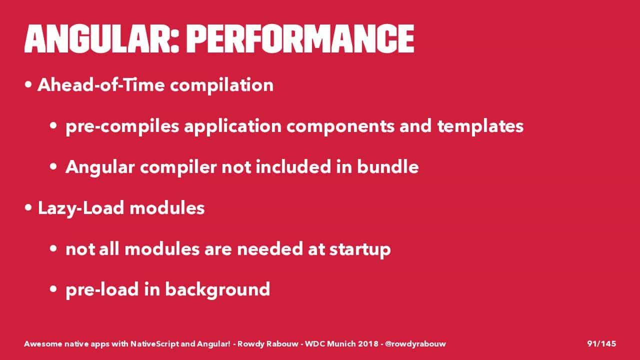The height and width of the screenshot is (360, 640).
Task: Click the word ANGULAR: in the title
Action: pyautogui.click(x=101, y=39)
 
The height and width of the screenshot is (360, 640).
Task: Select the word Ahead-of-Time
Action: pyautogui.click(x=101, y=85)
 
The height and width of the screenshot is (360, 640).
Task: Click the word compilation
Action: pyautogui.click(x=221, y=85)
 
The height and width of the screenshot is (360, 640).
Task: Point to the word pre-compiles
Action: pyautogui.click(x=122, y=126)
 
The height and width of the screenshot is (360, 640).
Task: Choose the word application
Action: pyautogui.click(x=233, y=126)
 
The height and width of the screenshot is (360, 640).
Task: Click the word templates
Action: pyautogui.click(x=480, y=126)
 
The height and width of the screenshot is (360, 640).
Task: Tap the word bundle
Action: pyautogui.click(x=387, y=167)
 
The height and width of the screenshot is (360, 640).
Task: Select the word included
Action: pyautogui.click(x=293, y=167)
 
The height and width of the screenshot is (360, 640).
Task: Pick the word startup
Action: pyautogui.click(x=360, y=249)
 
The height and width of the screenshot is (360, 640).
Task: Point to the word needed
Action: pyautogui.click(x=269, y=248)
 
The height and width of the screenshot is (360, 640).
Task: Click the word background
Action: pyautogui.click(x=217, y=290)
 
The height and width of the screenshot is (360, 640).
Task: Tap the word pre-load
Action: pyautogui.click(x=102, y=290)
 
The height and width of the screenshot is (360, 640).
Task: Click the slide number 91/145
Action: pyautogui.click(x=601, y=343)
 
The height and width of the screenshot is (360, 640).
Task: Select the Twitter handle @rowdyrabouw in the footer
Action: pyautogui.click(x=415, y=344)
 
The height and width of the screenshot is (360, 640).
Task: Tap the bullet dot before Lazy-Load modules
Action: pyautogui.click(x=28, y=207)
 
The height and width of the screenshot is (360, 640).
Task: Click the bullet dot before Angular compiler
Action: pyautogui.click(x=53, y=166)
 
